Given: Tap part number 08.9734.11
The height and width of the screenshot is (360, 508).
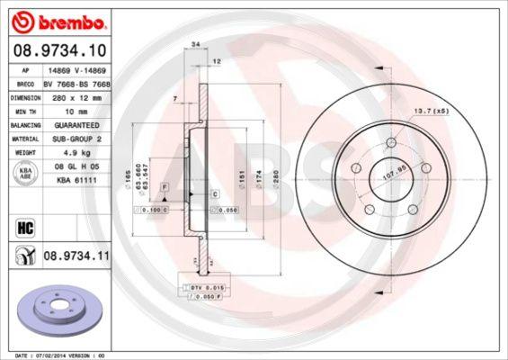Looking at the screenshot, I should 76,256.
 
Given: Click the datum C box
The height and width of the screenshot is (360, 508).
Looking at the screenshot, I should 216,193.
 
